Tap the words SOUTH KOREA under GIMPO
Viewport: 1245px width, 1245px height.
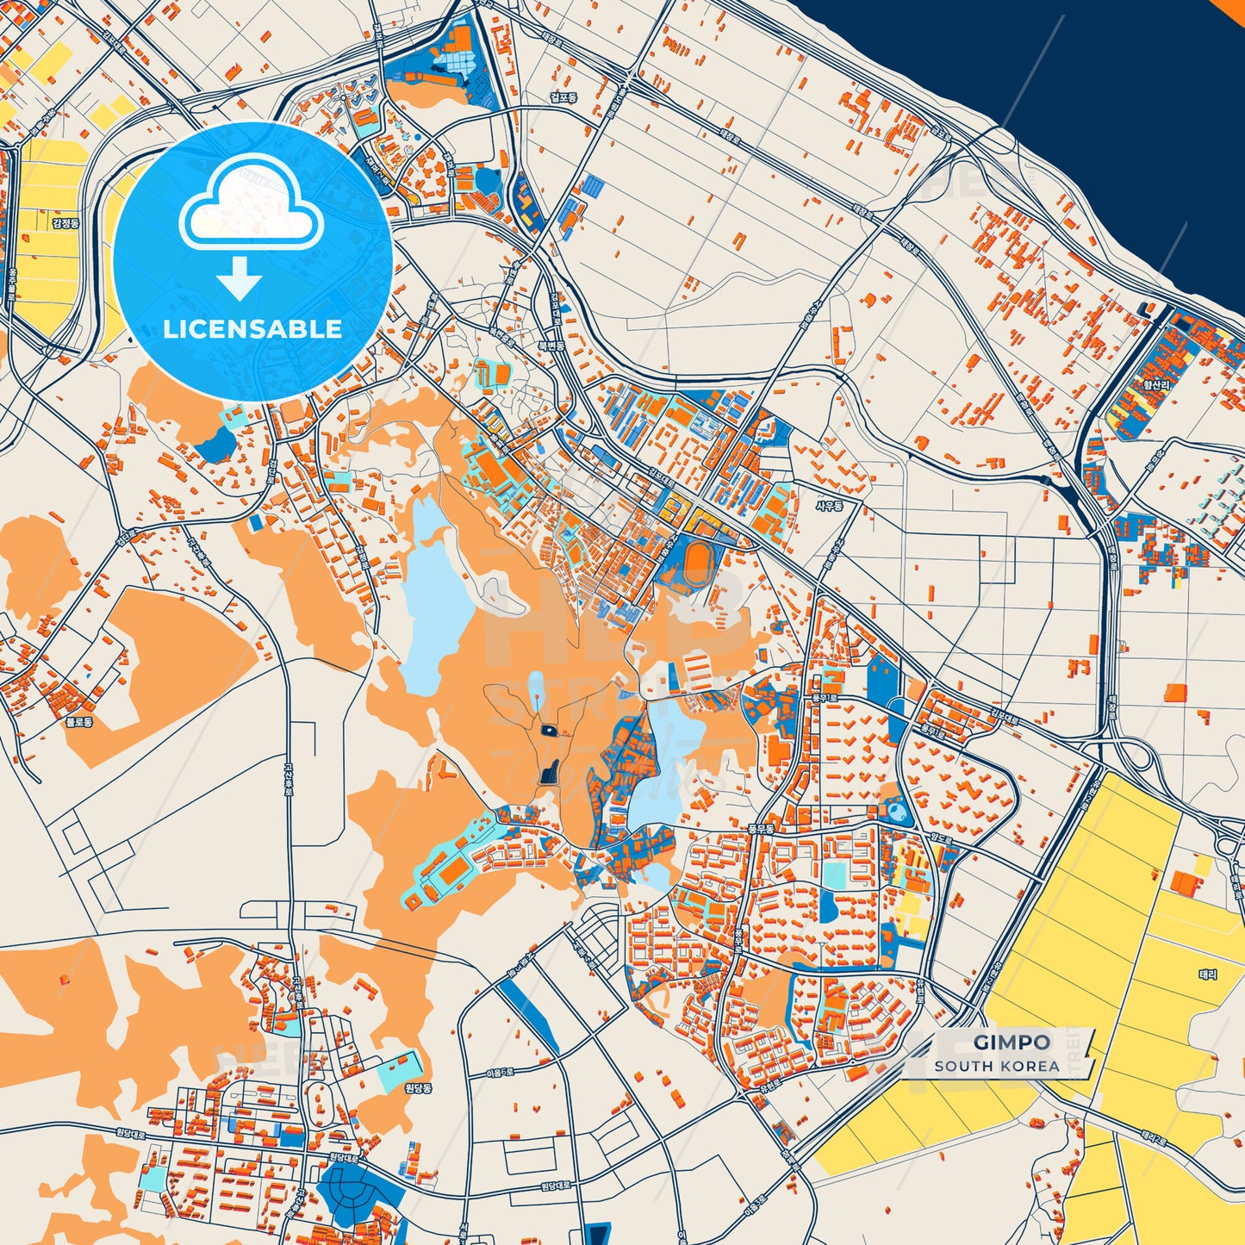click(997, 1066)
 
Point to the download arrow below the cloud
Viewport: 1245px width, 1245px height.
click(240, 279)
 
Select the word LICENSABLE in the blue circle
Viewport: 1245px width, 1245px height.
click(252, 329)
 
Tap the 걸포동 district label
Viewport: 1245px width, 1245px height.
click(563, 98)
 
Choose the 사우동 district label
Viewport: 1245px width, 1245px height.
click(829, 506)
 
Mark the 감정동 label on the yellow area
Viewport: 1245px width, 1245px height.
click(65, 223)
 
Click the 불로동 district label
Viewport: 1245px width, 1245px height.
click(79, 722)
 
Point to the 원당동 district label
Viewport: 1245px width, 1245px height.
click(418, 1087)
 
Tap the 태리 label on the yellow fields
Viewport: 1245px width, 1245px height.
click(1207, 974)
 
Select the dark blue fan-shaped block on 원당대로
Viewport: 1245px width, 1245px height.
click(353, 1190)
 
